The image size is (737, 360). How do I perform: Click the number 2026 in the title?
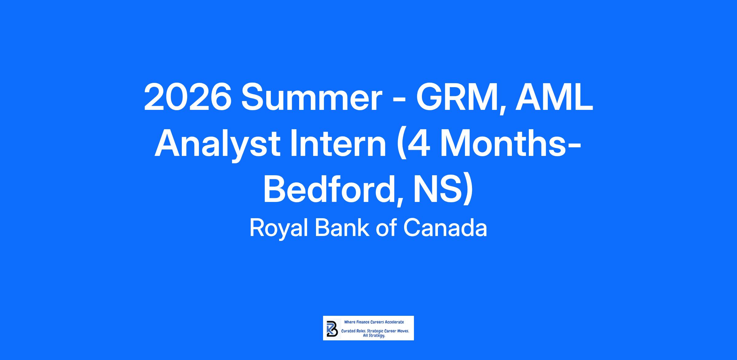[188, 98]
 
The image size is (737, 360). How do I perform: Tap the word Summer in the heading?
[312, 98]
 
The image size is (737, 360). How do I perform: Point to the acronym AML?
[554, 98]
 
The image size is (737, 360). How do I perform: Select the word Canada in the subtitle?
[445, 228]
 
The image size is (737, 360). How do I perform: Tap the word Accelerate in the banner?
[395, 322]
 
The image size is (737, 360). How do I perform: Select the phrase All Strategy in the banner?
[374, 336]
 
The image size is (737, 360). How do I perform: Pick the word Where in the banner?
[349, 322]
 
